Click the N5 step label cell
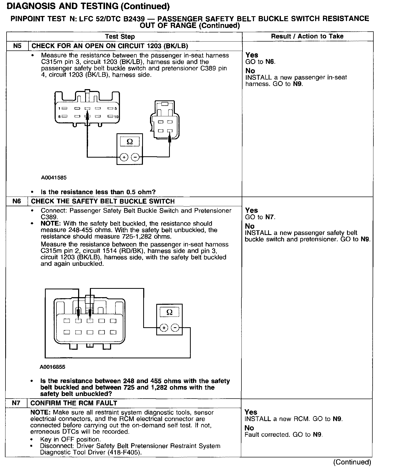(x=17, y=46)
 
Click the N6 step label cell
(x=16, y=201)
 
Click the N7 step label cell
(x=16, y=403)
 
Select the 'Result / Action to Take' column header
(x=307, y=36)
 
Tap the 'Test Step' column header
(x=120, y=37)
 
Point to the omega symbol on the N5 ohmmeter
(x=130, y=142)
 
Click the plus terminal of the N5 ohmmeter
(x=124, y=157)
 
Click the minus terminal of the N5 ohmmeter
(x=135, y=157)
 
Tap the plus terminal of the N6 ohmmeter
(x=164, y=328)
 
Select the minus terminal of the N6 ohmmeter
(x=175, y=328)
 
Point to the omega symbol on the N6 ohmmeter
(x=169, y=312)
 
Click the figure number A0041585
(x=54, y=178)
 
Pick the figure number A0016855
(x=53, y=367)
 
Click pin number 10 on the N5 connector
(x=116, y=117)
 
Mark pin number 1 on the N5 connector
(x=59, y=108)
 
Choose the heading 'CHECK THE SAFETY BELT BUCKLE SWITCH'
(x=103, y=201)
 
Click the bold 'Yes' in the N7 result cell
(x=251, y=412)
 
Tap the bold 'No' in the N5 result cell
(x=250, y=71)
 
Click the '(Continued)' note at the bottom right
(x=352, y=462)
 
